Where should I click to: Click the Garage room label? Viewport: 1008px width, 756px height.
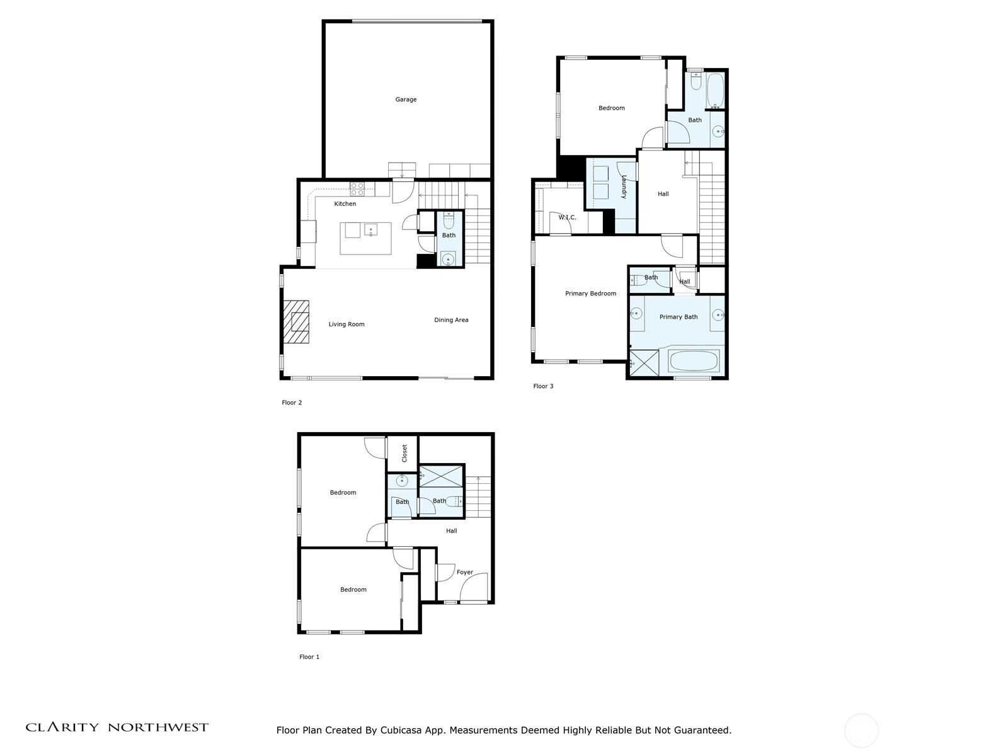pos(406,99)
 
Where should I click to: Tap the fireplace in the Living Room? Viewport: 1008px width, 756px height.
pos(295,321)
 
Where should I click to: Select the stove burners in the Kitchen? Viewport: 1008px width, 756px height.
pos(357,188)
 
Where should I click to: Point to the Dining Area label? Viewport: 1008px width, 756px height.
pos(451,320)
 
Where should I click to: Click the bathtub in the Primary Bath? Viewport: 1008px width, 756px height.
pos(694,361)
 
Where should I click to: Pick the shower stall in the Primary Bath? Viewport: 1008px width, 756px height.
pos(644,364)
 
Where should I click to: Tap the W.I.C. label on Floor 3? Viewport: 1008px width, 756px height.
pos(566,217)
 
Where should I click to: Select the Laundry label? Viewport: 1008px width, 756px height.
pos(624,187)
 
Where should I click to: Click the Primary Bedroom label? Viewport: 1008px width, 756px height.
pos(590,294)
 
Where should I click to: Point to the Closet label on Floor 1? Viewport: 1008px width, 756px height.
pos(404,453)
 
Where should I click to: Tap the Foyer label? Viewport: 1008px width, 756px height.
pos(464,572)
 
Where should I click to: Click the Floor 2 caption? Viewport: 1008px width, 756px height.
pos(292,403)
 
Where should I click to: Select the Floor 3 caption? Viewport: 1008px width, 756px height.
pos(543,386)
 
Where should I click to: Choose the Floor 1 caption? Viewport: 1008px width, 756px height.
pos(309,657)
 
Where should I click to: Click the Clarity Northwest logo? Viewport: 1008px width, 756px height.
pos(117,727)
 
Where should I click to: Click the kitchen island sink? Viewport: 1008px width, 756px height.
pos(370,229)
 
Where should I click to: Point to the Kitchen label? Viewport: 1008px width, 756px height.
pos(345,203)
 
